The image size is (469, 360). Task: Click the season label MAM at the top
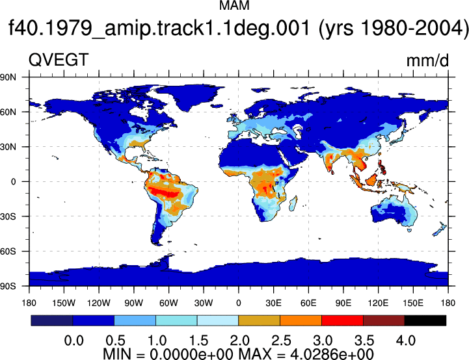click(234, 5)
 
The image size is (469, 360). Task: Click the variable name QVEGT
click(59, 60)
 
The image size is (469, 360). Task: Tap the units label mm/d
click(427, 60)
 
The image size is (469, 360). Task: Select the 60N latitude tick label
click(8, 112)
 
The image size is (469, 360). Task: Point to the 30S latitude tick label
click(8, 216)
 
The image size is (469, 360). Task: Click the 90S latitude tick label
click(8, 286)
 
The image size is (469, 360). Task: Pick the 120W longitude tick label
click(99, 303)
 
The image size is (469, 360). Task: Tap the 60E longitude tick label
click(308, 303)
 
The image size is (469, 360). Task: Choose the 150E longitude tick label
click(413, 303)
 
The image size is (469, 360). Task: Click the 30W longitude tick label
click(204, 303)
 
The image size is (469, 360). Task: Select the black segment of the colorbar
click(425, 320)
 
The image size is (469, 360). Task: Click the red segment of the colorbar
click(342, 320)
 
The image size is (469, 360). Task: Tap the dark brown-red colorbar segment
click(384, 320)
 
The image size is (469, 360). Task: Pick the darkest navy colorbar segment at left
click(52, 320)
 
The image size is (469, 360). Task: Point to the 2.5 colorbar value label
click(281, 341)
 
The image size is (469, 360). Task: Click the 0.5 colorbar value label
click(115, 341)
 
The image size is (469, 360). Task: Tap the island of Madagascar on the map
click(293, 203)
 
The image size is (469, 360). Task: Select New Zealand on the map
click(440, 229)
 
